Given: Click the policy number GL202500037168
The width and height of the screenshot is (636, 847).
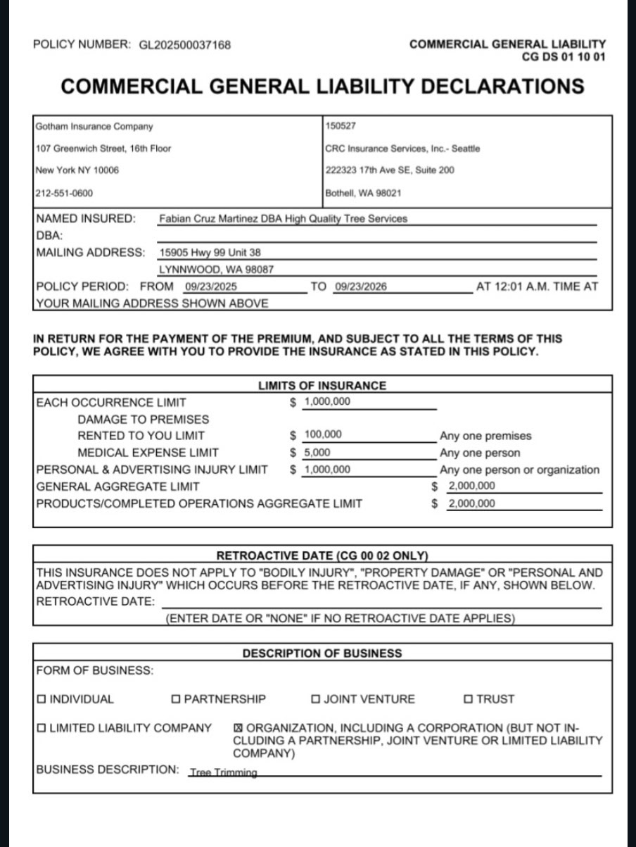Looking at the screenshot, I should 180,45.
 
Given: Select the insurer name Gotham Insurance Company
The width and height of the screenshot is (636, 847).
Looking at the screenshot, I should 94,127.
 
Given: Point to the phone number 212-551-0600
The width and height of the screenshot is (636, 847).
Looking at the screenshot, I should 64,193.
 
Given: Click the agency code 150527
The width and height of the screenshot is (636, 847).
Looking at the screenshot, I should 341,127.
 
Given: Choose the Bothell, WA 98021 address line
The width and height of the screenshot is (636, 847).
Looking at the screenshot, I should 363,193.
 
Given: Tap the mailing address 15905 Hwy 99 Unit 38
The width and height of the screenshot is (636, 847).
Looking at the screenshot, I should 211,252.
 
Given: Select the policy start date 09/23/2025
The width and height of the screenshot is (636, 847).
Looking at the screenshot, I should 210,287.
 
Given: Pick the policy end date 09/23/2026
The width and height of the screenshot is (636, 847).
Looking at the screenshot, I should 361,287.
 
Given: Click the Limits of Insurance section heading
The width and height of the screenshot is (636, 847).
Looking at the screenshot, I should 322,386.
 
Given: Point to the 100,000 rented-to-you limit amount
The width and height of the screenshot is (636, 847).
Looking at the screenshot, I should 323,435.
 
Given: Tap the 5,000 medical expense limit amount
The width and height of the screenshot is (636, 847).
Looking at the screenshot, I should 317,453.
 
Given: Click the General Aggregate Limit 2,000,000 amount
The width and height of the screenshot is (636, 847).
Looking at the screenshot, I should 471,486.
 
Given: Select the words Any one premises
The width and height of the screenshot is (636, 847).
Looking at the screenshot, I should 485,436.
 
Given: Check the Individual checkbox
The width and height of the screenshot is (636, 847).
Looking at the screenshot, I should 42,699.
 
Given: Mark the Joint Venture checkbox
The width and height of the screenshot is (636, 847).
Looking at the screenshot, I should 316,699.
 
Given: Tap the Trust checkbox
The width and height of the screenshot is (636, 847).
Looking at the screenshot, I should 469,699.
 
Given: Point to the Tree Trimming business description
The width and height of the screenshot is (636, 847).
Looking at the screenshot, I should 223,772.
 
